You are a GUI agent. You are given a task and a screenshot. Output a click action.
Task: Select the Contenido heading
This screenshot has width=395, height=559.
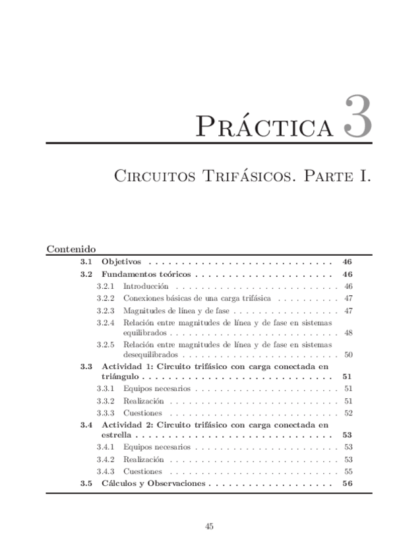coord(72,249)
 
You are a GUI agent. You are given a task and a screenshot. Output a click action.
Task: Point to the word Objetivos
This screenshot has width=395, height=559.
coord(121,261)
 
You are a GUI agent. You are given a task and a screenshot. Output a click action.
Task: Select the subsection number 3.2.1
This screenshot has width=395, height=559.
coord(106,286)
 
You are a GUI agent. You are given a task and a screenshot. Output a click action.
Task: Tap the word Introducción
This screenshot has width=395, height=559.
coord(146,286)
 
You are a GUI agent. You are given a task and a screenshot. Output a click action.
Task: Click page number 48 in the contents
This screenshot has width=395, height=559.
coord(348,333)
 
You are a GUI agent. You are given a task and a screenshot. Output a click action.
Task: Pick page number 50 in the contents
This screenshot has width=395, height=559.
coord(348,355)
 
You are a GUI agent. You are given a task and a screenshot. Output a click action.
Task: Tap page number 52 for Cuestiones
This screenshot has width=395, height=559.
coord(348,413)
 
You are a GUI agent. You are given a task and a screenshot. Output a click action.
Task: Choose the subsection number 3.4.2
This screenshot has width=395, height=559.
coord(106,459)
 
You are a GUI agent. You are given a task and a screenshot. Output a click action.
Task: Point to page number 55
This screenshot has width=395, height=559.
coord(348,471)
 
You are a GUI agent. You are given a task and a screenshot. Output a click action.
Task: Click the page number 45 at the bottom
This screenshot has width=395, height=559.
coord(210,526)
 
